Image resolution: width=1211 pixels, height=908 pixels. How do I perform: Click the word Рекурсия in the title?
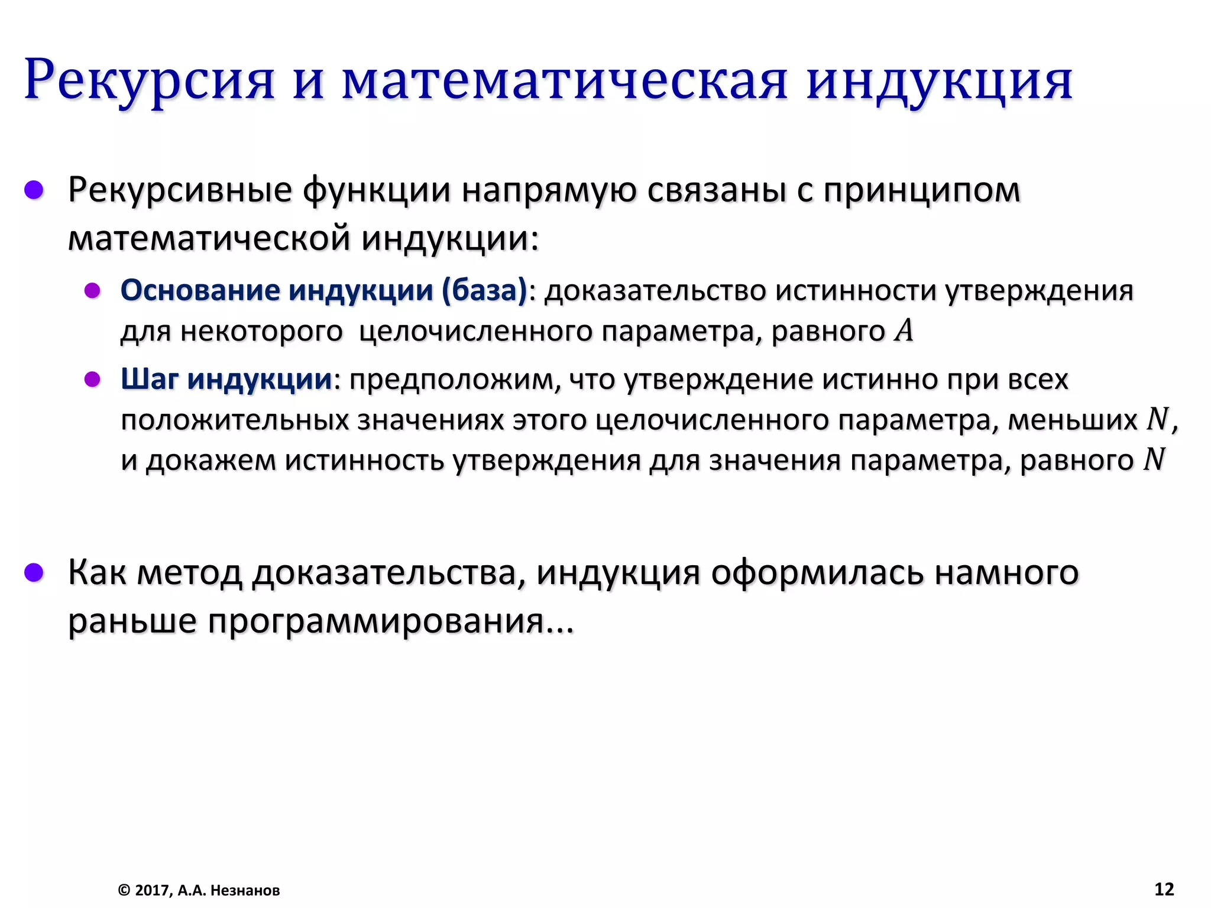[x=150, y=80]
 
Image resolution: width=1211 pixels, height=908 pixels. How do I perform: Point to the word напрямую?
[x=549, y=190]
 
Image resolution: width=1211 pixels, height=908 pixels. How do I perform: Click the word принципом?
[x=922, y=190]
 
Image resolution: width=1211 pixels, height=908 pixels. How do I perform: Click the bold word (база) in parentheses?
[x=484, y=290]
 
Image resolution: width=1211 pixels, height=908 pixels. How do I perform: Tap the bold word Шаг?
[x=150, y=379]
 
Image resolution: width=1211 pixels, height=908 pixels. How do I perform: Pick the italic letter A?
[x=904, y=330]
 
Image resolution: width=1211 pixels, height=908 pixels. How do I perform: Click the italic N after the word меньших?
[x=1157, y=419]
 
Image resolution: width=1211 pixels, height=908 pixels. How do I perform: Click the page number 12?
[x=1164, y=889]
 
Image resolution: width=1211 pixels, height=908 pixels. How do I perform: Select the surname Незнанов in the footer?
[x=245, y=890]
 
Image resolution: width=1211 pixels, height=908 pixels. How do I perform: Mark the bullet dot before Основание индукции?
[x=92, y=290]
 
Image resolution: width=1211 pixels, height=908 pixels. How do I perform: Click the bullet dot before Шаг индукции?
[x=92, y=379]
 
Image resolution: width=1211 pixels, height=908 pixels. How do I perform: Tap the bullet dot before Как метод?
[x=34, y=572]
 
